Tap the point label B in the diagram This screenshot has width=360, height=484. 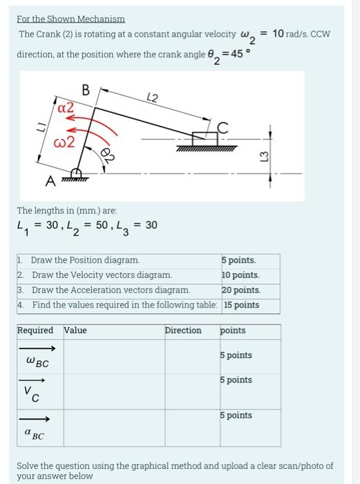[86, 90]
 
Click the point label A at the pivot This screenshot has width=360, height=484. [50, 181]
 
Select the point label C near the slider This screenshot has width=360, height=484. [222, 126]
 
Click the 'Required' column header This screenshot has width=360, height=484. [37, 331]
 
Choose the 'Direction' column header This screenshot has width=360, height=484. [182, 331]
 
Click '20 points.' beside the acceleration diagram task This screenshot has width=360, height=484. [240, 290]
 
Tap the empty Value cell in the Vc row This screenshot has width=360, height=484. [113, 389]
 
